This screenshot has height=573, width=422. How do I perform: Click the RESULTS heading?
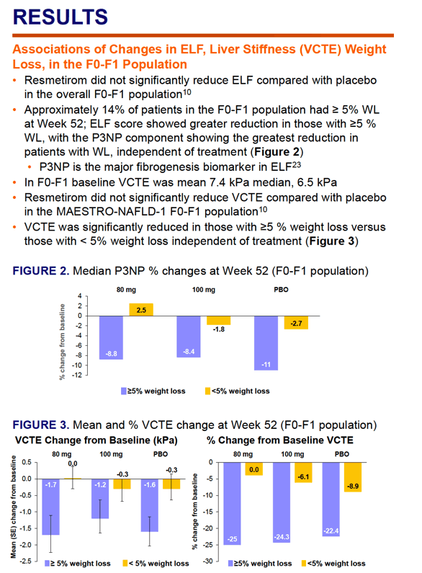click(x=60, y=17)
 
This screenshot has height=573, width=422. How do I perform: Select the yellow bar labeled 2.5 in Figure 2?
click(x=141, y=309)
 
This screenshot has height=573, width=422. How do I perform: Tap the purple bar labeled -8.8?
click(x=112, y=337)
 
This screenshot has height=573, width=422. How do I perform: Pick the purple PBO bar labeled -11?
click(x=266, y=343)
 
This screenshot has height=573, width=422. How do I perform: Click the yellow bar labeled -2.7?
click(x=296, y=323)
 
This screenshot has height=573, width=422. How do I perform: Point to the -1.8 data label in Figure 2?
click(x=219, y=329)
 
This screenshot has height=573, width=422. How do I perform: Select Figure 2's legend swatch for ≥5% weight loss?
click(x=124, y=391)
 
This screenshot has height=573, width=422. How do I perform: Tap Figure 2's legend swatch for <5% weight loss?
click(x=207, y=391)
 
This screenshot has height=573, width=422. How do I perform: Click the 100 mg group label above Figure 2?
click(x=204, y=290)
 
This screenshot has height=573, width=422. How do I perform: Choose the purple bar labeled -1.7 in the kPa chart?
click(x=50, y=507)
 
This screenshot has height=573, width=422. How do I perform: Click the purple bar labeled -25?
click(x=232, y=504)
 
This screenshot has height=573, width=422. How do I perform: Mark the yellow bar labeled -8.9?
click(x=353, y=477)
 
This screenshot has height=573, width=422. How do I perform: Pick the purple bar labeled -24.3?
click(x=282, y=502)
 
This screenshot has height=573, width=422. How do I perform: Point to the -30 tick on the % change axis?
click(x=208, y=561)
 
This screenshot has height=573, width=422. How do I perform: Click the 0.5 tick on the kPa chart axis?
click(x=27, y=462)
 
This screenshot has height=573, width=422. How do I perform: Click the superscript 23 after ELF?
click(x=297, y=164)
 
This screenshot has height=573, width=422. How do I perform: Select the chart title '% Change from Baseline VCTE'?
click(x=280, y=440)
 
